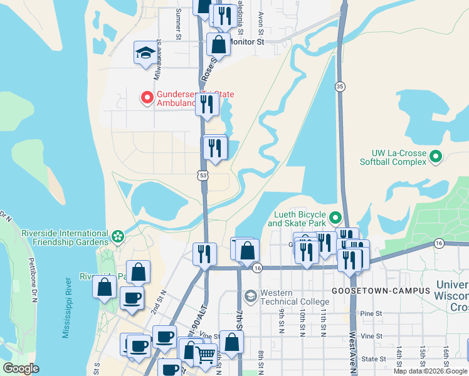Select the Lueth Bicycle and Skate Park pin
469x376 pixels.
click(x=335, y=218)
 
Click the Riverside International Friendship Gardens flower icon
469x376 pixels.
click(x=117, y=236)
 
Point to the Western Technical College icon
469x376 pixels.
click(x=251, y=295)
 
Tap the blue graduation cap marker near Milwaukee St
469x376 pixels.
click(x=145, y=53)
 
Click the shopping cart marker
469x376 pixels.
click(x=205, y=355)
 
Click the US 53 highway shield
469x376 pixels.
click(x=203, y=176)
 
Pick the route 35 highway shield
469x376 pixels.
click(x=340, y=86)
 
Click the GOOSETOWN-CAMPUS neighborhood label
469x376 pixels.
click(x=381, y=291)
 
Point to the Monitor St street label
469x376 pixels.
click(x=247, y=41)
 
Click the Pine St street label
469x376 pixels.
click(x=371, y=313)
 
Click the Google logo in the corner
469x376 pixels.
click(x=21, y=368)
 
